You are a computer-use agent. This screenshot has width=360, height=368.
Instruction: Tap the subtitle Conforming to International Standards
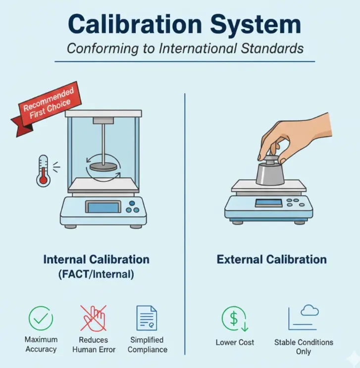(x=184, y=49)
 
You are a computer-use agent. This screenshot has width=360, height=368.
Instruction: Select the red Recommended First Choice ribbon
(x=48, y=105)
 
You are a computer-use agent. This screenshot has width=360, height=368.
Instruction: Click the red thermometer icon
(x=44, y=170)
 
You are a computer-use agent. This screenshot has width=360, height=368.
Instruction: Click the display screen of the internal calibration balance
(x=103, y=207)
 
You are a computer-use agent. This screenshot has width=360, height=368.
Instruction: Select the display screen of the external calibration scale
(x=268, y=203)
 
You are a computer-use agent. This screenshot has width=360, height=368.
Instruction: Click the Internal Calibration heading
(x=96, y=260)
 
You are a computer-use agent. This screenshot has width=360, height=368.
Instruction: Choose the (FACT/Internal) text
(x=96, y=274)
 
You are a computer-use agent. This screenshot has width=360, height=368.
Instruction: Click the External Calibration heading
(x=271, y=260)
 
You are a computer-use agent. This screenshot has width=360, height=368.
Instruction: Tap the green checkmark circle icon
(x=41, y=318)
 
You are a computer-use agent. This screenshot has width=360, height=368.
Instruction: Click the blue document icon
(x=147, y=318)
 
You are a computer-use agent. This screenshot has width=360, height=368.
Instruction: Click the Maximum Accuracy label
(x=41, y=344)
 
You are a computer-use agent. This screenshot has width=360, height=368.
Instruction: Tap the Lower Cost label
(x=235, y=342)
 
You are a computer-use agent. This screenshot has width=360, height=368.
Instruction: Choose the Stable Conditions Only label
(x=304, y=347)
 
